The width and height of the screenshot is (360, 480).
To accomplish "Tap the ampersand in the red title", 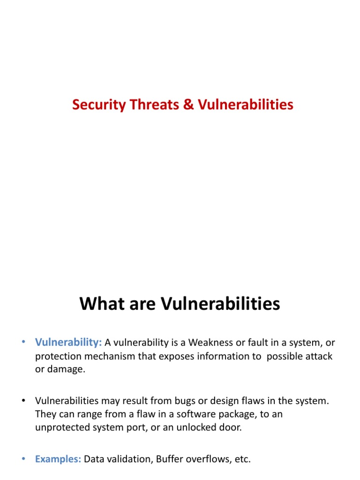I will pos(188,105).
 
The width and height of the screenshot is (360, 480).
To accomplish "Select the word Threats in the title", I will pos(153,105).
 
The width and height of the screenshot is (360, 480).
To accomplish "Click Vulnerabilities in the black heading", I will pos(220,304).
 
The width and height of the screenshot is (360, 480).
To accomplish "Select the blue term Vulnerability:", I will pos(68,343).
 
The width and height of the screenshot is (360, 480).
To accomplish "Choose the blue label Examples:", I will pos(58,459).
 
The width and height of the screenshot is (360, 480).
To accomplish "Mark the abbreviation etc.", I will pos(242,459).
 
